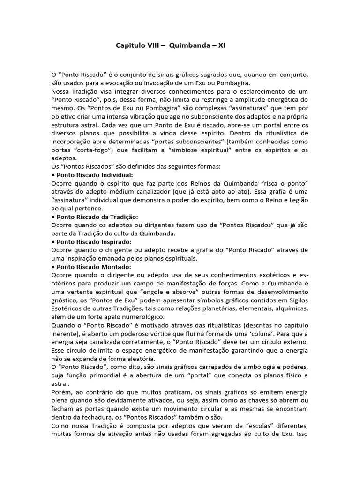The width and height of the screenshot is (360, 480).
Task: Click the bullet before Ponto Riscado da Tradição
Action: pos(53,217)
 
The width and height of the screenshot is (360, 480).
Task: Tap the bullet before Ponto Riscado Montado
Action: pos(53,267)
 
